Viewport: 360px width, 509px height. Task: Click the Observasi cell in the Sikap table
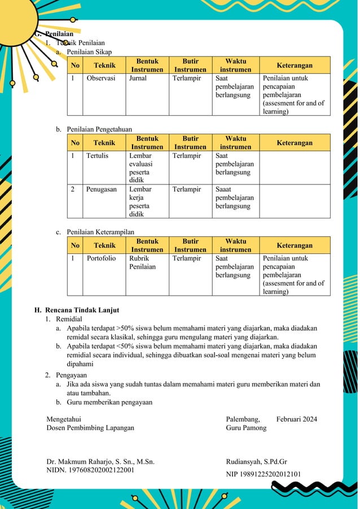point(101,78)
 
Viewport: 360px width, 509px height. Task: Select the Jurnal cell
point(138,78)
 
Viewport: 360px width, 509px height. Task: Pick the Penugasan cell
point(102,190)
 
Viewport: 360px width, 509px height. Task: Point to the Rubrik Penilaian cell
point(142,262)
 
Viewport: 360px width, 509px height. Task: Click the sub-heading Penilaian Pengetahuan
point(99,129)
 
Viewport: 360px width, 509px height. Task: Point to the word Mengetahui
point(64,419)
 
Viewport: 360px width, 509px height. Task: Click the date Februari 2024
point(296,419)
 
